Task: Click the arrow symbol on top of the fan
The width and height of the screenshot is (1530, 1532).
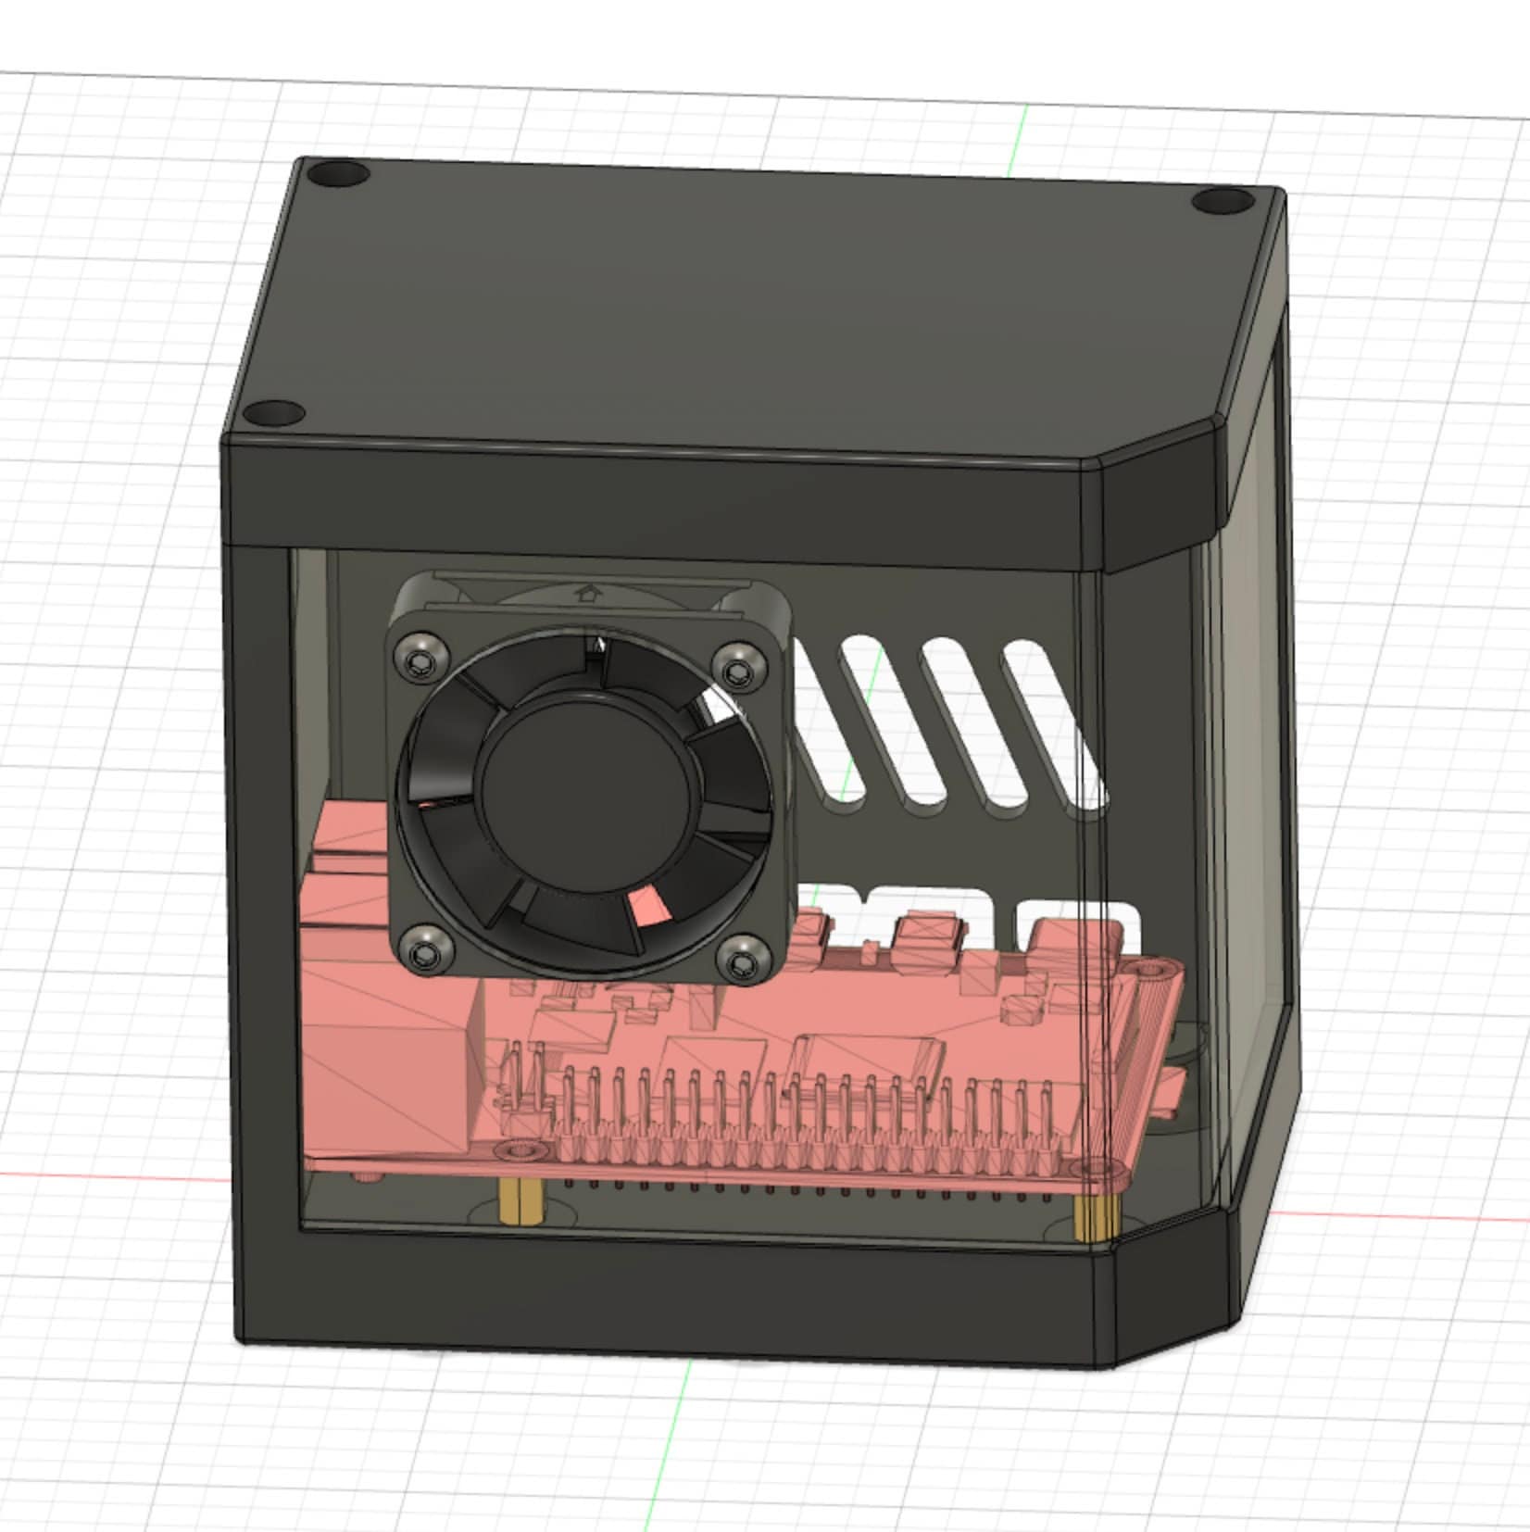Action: coord(585,591)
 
